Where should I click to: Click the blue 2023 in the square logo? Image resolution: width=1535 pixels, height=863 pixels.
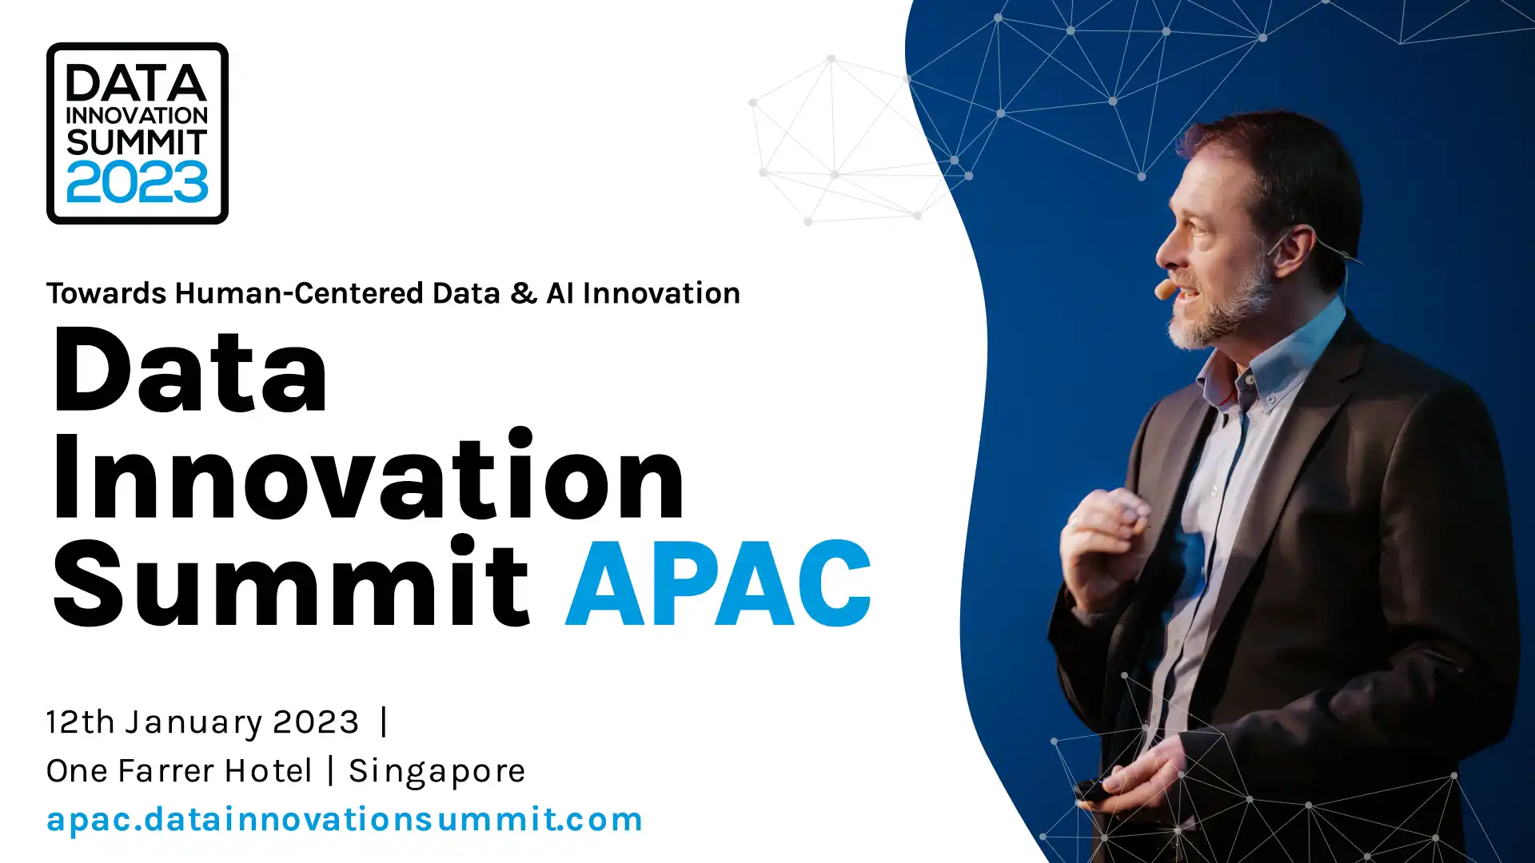pos(138,181)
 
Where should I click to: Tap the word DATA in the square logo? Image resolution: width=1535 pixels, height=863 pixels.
pos(137,83)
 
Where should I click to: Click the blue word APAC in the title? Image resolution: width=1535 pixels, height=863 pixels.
pos(719,583)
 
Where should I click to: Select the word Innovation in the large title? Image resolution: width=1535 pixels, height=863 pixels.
pos(369,476)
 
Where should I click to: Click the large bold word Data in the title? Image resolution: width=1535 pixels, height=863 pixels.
pos(190,371)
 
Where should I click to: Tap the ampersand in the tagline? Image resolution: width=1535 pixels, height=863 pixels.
pos(524,293)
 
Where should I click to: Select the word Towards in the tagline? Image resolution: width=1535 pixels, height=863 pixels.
pos(106,293)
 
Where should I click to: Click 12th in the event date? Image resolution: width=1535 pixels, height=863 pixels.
pos(81,722)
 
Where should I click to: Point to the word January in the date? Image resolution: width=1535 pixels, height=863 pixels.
pos(193,723)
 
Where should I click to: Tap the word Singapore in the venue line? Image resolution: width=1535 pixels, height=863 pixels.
pos(437,772)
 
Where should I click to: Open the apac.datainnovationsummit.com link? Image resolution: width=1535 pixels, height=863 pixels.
pos(345,820)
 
